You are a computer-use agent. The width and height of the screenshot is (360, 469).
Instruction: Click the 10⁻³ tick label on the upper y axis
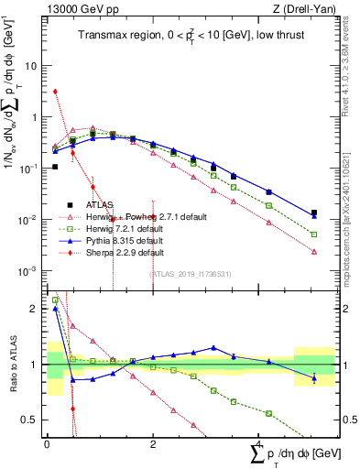pyautogui.click(x=30, y=270)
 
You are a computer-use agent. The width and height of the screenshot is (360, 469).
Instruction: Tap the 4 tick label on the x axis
pyautogui.click(x=258, y=442)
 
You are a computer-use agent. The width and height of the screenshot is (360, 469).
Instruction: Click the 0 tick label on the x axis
pyautogui.click(x=47, y=442)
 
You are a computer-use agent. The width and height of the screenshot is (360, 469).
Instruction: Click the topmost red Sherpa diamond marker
pyautogui.click(x=56, y=92)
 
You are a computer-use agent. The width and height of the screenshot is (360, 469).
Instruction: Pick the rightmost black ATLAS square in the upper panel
pyautogui.click(x=314, y=213)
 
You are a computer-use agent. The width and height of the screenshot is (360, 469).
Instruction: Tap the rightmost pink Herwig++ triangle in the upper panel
pyautogui.click(x=314, y=251)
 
